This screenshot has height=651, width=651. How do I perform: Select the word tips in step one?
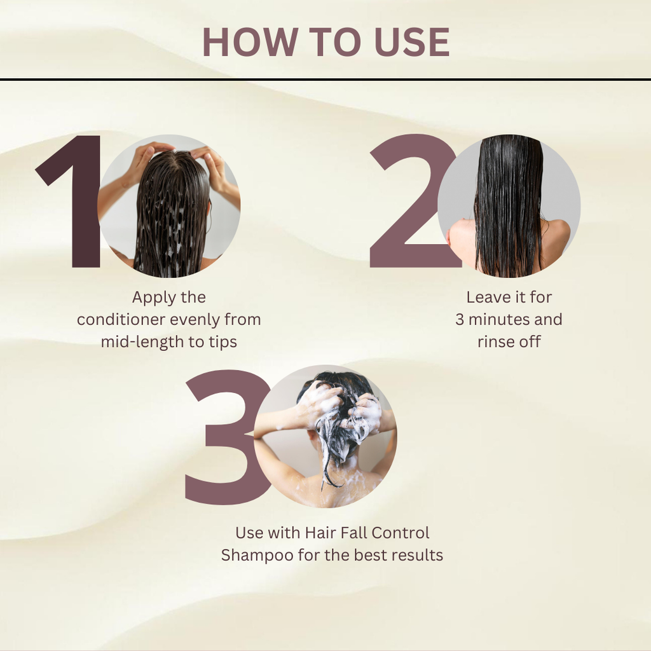pyautogui.click(x=222, y=341)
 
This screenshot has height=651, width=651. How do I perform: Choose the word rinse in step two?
pyautogui.click(x=496, y=341)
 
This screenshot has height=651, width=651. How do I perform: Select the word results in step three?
pyautogui.click(x=417, y=554)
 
